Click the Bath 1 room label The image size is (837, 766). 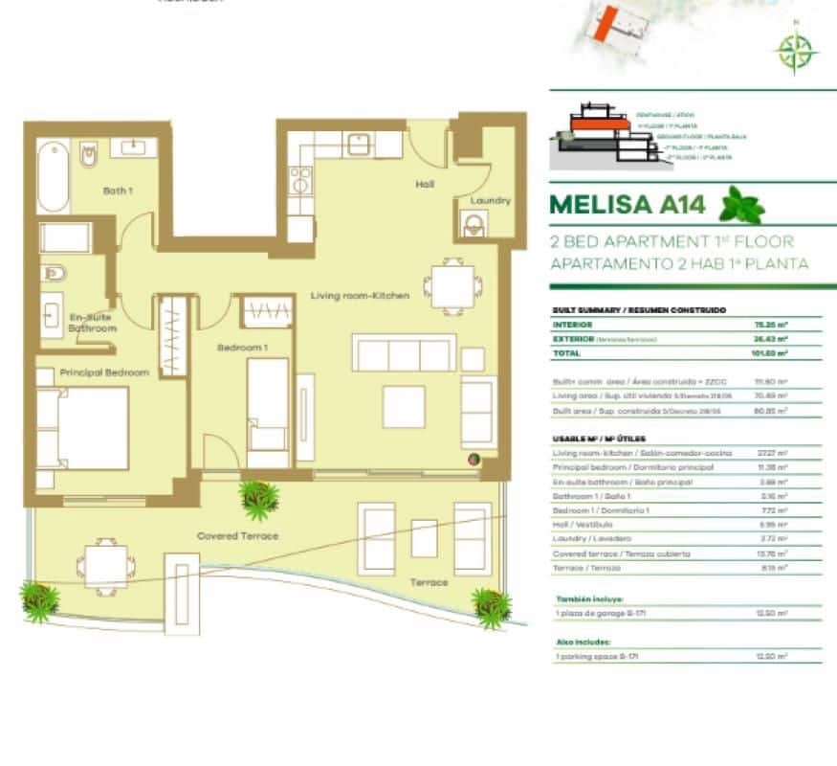tap(117, 191)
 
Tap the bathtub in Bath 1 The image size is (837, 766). tap(54, 177)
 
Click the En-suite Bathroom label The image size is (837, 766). tap(93, 323)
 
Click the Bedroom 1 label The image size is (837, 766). tap(242, 347)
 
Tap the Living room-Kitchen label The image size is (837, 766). tap(360, 296)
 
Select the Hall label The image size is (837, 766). tap(426, 184)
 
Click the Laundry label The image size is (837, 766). tap(490, 201)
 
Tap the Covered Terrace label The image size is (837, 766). tap(237, 536)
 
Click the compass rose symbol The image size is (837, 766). tap(793, 53)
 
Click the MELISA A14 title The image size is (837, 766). tap(628, 205)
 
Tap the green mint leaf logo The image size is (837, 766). tap(741, 205)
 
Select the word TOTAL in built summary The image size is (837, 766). tap(566, 353)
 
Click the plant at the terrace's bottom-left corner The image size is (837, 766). tap(39, 601)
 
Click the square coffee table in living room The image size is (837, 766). tap(404, 406)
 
